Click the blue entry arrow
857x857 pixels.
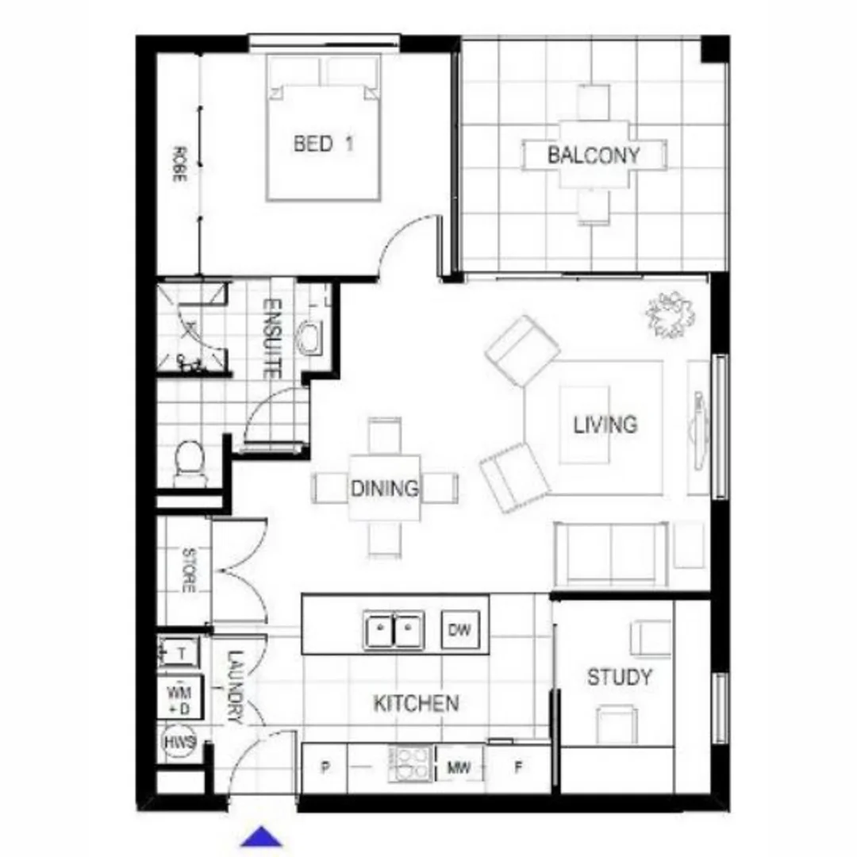click(262, 837)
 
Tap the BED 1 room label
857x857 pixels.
click(323, 144)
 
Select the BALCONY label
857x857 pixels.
click(593, 155)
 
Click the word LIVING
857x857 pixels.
click(605, 425)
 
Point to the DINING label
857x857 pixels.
click(384, 488)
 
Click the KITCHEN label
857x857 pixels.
click(416, 703)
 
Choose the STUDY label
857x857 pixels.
click(619, 678)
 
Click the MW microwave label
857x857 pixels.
click(459, 767)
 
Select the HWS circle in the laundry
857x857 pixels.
click(179, 743)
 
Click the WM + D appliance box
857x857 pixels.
click(180, 696)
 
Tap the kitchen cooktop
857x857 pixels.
click(411, 763)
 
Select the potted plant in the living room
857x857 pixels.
click(671, 314)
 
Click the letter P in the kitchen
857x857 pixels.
click(325, 768)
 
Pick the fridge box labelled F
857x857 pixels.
click(518, 767)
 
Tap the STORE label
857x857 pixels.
click(189, 570)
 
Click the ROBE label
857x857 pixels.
click(179, 165)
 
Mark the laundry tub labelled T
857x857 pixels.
click(179, 653)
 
